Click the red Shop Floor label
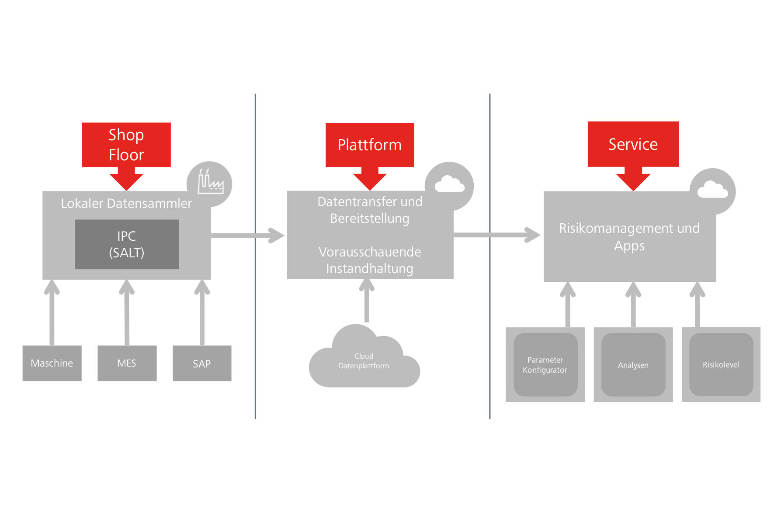pos(126,145)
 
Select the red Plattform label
pos(369,145)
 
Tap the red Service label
pos(633,144)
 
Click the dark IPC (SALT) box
pos(127,244)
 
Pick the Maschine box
pos(52,363)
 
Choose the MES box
pos(127,363)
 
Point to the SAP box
pos(202,363)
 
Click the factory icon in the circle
pos(210,183)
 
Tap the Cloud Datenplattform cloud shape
pos(364,361)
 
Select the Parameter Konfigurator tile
pos(545,365)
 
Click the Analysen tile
pos(633,365)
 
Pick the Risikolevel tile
pos(721,365)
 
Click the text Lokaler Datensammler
pos(126,204)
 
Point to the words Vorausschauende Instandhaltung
pos(370,260)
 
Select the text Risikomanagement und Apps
pos(629,237)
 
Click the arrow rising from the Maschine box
pos(52,312)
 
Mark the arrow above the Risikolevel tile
pos(697,305)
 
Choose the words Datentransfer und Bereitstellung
pos(370,210)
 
